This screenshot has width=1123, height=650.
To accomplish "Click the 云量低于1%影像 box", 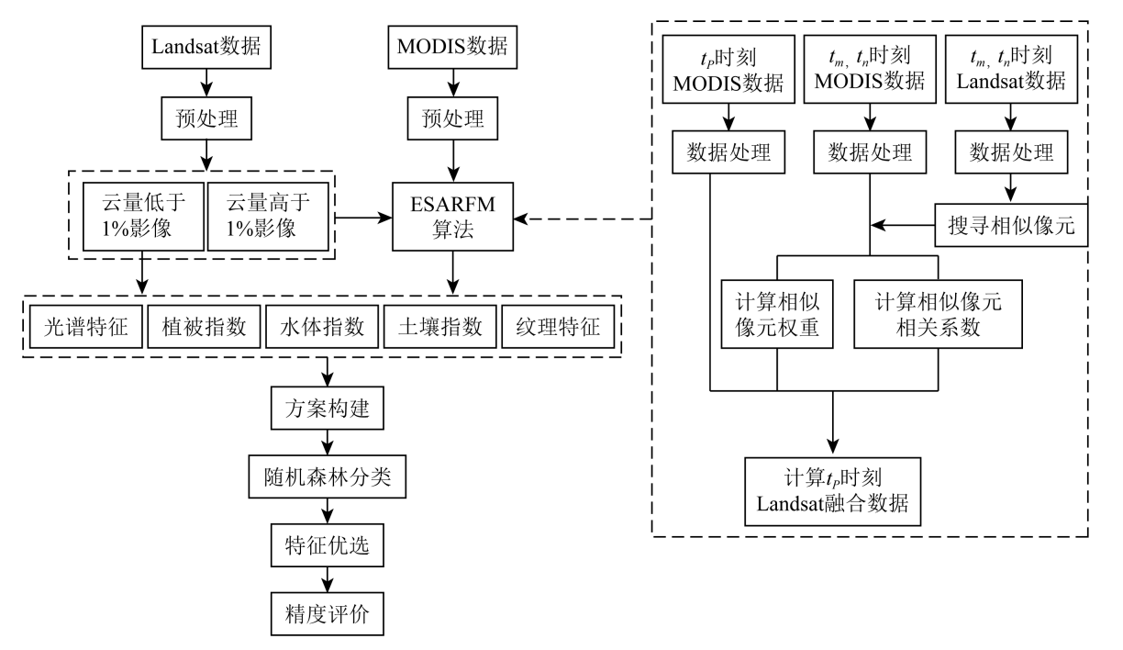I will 140,218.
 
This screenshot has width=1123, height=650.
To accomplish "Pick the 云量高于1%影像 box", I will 266,218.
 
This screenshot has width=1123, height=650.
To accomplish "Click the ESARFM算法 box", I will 450,218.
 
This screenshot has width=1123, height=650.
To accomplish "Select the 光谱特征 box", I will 81,329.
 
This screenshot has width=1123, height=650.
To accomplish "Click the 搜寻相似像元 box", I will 1011,223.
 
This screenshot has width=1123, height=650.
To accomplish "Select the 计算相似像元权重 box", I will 777,315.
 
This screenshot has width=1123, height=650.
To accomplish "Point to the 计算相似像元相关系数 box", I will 937,315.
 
